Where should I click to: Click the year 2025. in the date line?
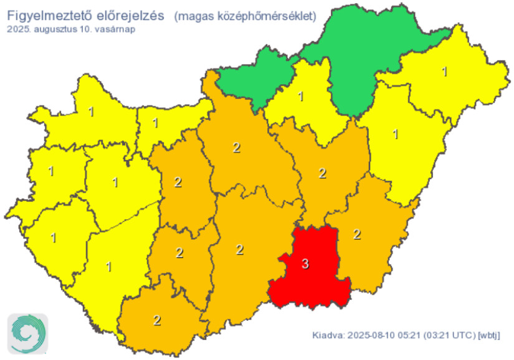19,29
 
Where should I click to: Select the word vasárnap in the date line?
115,29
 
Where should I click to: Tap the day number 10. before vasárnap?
86,29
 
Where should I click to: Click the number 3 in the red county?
305,264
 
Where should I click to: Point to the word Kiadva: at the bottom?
326,336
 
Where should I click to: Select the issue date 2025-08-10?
369,336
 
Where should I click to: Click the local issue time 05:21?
408,336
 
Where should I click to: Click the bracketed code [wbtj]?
489,336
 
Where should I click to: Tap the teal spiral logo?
28,334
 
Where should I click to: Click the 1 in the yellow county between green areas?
301,97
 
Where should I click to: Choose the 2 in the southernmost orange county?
157,321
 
